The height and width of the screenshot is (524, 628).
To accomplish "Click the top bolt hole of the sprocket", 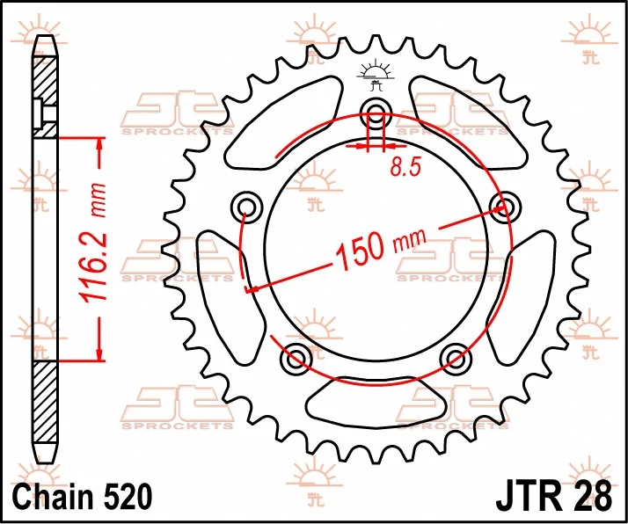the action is [376, 112].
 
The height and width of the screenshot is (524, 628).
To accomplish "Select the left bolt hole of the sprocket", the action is [246, 207].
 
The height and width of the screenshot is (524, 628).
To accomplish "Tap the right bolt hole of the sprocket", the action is [504, 207].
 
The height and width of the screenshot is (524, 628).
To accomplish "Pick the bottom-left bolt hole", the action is [296, 357].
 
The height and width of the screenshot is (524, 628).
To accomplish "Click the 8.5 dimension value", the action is [405, 167].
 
